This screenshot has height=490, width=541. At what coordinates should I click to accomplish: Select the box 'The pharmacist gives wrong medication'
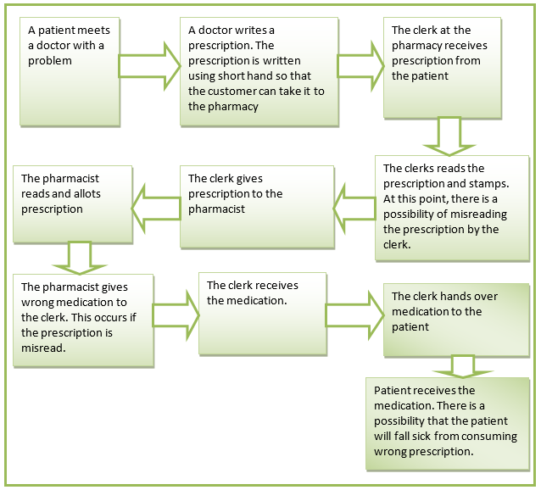click(x=82, y=319)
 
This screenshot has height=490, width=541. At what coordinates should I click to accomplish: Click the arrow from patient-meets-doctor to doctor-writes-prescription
click(x=149, y=64)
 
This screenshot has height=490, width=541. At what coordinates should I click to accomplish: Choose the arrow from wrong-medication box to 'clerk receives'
click(x=176, y=313)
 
